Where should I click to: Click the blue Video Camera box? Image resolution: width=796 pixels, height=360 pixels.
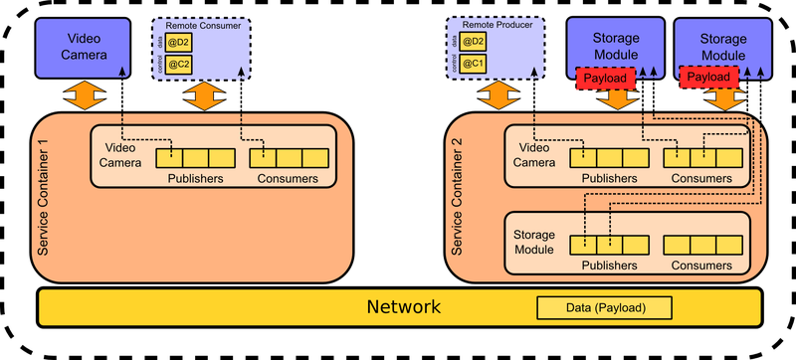click(x=85, y=46)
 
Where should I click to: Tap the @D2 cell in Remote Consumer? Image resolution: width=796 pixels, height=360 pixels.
click(x=179, y=42)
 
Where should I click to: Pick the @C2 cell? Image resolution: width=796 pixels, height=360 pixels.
click(x=179, y=64)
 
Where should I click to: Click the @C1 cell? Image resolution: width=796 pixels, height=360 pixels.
click(x=473, y=64)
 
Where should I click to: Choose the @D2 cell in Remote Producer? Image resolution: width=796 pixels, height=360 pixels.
click(x=473, y=42)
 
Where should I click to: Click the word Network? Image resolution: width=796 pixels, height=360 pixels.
click(x=403, y=307)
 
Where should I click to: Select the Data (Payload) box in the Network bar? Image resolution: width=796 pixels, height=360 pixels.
click(x=605, y=308)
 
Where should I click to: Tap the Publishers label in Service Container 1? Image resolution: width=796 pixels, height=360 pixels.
click(x=195, y=179)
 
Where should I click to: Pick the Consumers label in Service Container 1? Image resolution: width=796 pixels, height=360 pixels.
click(x=289, y=179)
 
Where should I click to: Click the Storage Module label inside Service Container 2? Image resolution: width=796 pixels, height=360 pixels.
click(x=534, y=242)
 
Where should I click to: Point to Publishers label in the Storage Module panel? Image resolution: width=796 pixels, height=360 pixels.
click(x=608, y=266)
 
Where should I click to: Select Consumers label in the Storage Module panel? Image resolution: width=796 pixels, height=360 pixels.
click(x=702, y=266)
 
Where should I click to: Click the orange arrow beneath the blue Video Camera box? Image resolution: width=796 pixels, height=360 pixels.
click(x=85, y=96)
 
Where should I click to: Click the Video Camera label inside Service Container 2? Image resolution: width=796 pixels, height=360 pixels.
click(x=533, y=155)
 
